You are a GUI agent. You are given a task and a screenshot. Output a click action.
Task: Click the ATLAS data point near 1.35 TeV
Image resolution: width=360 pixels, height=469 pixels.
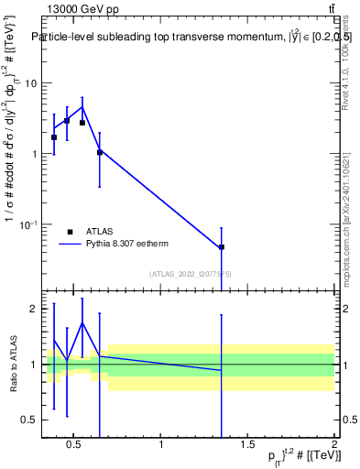click(x=222, y=247)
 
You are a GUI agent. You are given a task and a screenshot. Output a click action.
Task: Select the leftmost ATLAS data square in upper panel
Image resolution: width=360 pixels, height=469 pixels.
click(x=54, y=137)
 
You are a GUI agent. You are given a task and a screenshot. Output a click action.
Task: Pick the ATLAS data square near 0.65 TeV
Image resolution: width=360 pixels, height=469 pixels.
click(x=100, y=152)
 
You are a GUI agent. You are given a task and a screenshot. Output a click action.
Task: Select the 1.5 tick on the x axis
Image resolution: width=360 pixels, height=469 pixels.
click(x=247, y=445)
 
